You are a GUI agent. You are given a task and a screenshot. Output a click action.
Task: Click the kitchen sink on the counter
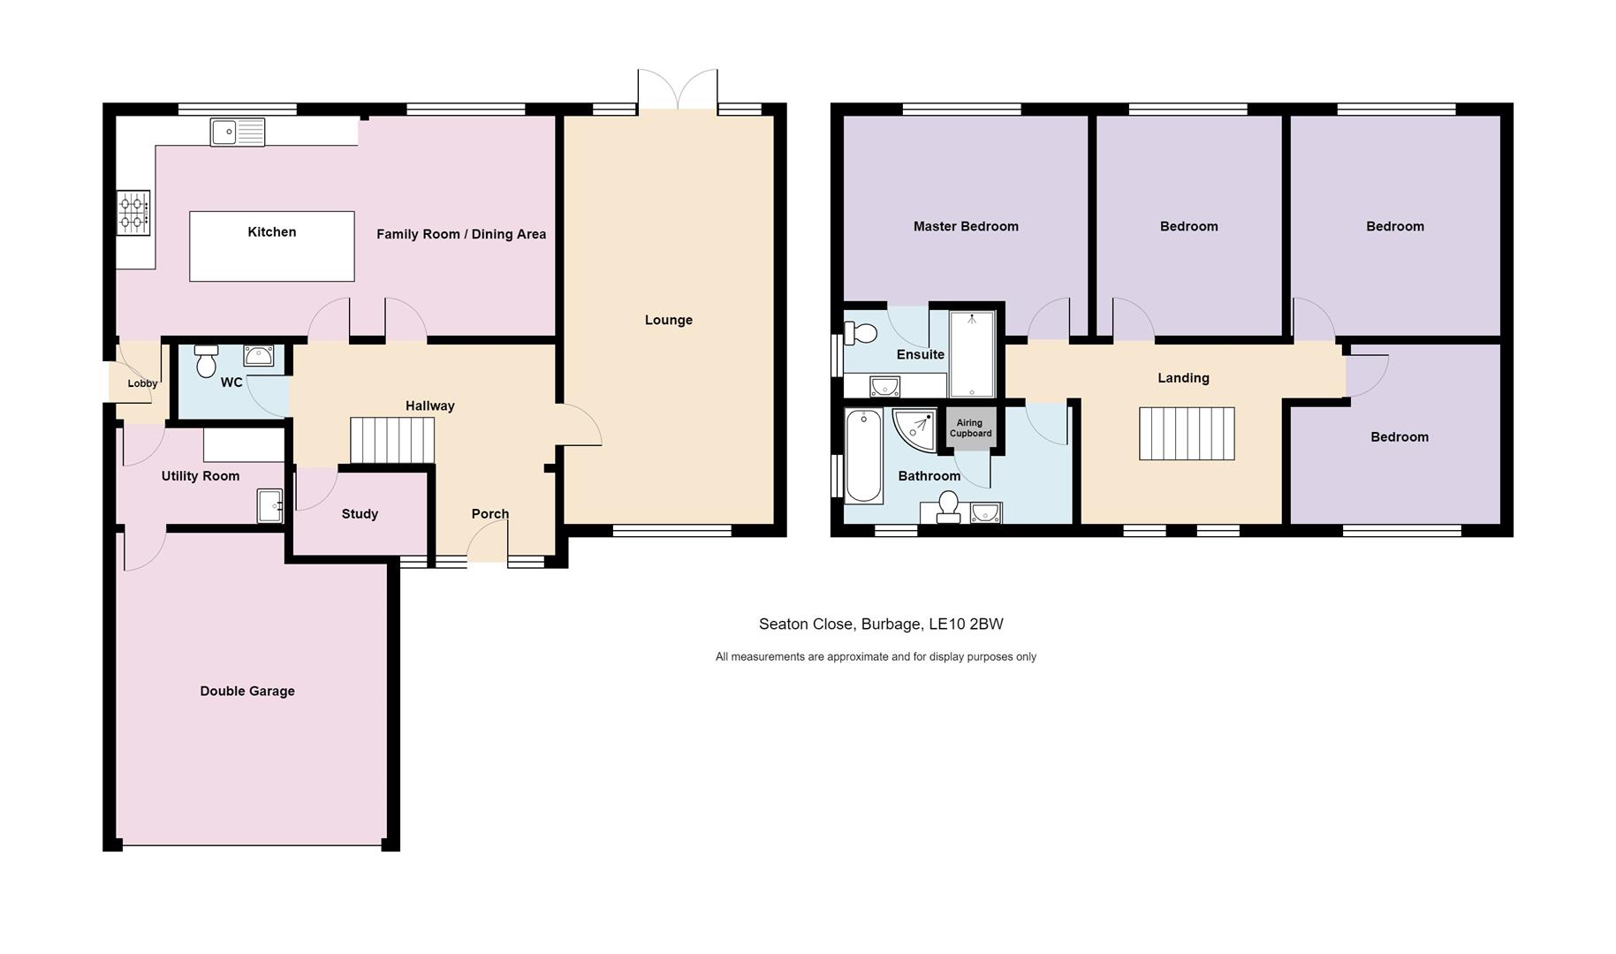coord(237,132)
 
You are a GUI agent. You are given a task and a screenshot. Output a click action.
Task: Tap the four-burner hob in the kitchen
coord(133,213)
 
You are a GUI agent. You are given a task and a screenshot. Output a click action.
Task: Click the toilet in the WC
coord(207,360)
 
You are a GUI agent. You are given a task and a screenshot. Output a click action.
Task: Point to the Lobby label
coord(142,383)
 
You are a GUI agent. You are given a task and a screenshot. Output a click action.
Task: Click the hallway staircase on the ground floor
coord(392,440)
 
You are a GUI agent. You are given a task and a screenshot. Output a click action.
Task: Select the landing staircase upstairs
coord(1186,434)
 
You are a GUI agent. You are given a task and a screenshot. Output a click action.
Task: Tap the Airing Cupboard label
coord(970,428)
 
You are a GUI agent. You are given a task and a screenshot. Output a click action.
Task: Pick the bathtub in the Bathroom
coord(863,456)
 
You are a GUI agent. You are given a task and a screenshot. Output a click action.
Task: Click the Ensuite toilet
coord(860,333)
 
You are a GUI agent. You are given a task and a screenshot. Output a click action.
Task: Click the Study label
coord(360,514)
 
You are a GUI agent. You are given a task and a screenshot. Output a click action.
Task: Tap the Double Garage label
coord(247,692)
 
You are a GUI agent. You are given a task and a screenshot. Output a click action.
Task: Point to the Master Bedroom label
coord(966,227)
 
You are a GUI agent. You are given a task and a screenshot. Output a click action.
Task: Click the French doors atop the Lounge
coord(678,92)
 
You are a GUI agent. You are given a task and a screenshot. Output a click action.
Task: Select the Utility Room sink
coord(269,506)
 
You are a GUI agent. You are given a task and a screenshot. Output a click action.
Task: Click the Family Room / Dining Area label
coord(461,235)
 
